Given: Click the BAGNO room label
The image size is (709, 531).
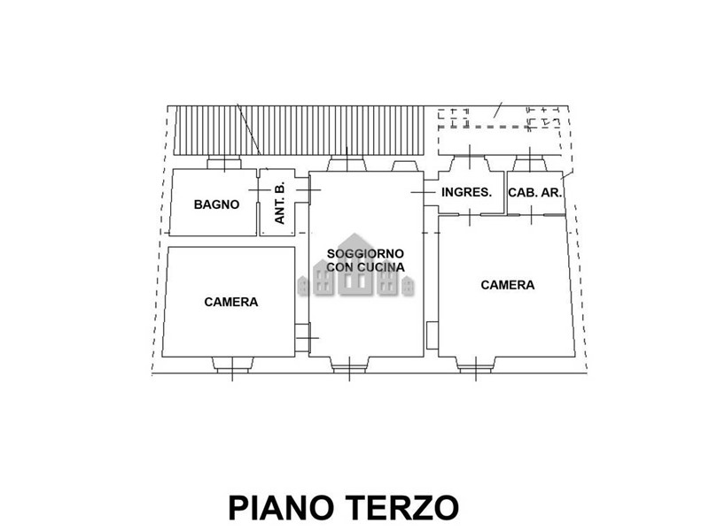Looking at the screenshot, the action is coord(216,204).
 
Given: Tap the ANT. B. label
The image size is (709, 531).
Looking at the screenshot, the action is coord(280,203).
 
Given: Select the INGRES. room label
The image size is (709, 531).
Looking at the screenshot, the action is coord(466,192).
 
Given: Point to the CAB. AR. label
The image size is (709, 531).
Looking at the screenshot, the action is coord(535,193).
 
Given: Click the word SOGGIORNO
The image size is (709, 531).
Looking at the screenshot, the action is coord(365,254).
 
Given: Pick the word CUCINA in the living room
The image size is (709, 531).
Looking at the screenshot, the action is coord(382,267).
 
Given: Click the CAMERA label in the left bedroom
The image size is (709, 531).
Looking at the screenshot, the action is coord(231,302).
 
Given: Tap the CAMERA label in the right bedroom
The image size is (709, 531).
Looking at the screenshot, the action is coord(507,285).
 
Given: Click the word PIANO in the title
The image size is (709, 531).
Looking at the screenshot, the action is coord(283,508).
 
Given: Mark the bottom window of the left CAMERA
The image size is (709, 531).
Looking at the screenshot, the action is coord(232,365).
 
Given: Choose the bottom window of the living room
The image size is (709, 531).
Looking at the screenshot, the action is coord(349,365).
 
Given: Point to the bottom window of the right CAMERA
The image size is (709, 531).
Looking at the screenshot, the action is coord(475,365).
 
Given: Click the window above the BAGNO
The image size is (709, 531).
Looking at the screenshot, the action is coord(224,163).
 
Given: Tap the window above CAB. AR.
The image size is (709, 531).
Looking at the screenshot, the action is coord(530,164).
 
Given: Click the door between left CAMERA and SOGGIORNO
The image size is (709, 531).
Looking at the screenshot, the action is coord(302,338).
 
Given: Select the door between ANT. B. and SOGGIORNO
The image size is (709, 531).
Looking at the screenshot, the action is coord(302,189).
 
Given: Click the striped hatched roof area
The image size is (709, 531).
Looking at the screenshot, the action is coord(299,130).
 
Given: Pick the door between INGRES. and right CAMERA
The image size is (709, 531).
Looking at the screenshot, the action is coord(470,214).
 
